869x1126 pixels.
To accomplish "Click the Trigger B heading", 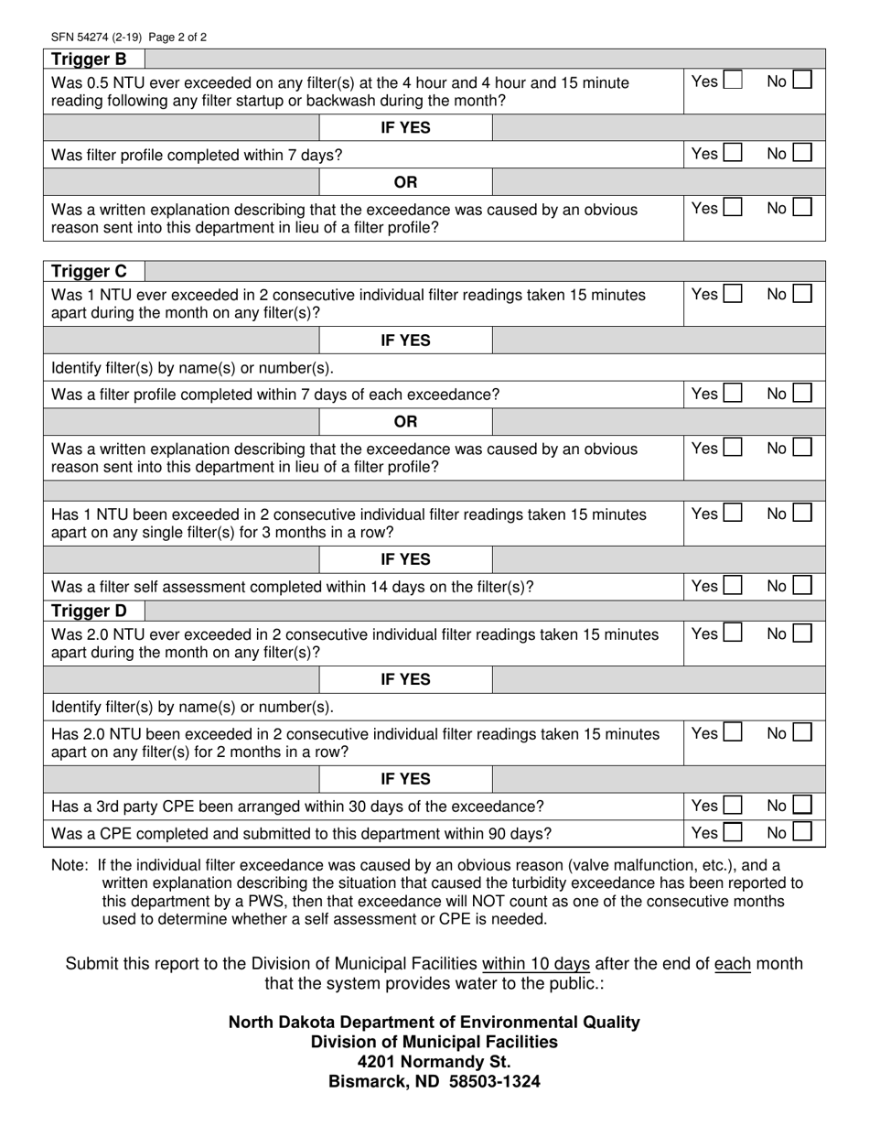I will click(x=89, y=60).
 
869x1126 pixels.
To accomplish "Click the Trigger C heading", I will click(x=89, y=271).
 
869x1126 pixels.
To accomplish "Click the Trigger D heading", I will click(x=89, y=611).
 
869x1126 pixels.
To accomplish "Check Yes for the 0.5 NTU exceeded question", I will click(x=732, y=81).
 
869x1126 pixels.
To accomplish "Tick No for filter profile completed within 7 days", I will click(x=801, y=154).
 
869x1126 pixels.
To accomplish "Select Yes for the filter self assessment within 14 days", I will click(x=732, y=586).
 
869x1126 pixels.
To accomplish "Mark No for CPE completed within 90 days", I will click(x=801, y=833).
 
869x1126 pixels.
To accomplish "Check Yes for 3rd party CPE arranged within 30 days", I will click(x=732, y=806).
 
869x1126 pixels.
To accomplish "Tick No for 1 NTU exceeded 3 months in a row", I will click(x=801, y=514).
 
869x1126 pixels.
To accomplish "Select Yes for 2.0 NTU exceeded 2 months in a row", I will click(x=732, y=732).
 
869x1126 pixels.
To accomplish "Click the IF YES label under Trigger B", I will click(x=405, y=128).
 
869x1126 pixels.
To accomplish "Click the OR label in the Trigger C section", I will click(x=405, y=422).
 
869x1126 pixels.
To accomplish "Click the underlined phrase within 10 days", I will click(x=536, y=964).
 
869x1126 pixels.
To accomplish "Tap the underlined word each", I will click(x=732, y=964).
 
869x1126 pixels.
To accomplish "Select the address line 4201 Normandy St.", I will click(x=434, y=1062).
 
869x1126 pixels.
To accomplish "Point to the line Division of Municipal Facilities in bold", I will click(x=434, y=1042).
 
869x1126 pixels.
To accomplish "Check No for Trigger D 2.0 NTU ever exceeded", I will click(x=801, y=633).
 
